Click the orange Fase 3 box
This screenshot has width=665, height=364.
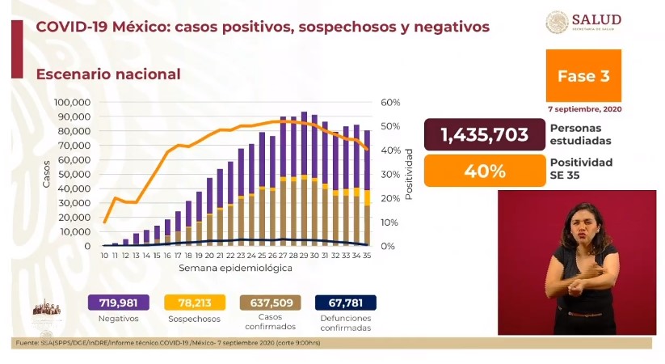click(583, 76)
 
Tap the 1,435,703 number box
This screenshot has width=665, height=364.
click(484, 135)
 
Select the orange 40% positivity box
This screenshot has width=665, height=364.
click(484, 171)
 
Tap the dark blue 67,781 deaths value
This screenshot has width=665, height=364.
click(347, 303)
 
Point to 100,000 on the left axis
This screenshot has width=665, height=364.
click(72, 103)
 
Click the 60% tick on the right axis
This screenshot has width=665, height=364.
click(391, 103)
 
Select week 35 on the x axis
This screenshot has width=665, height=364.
click(367, 256)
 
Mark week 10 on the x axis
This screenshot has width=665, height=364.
click(104, 256)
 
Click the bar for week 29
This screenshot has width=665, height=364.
click(304, 178)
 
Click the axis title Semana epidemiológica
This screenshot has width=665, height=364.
click(236, 267)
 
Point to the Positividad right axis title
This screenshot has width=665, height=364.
click(410, 174)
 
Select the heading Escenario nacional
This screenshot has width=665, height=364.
click(107, 74)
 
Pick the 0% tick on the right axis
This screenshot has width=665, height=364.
click(389, 246)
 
